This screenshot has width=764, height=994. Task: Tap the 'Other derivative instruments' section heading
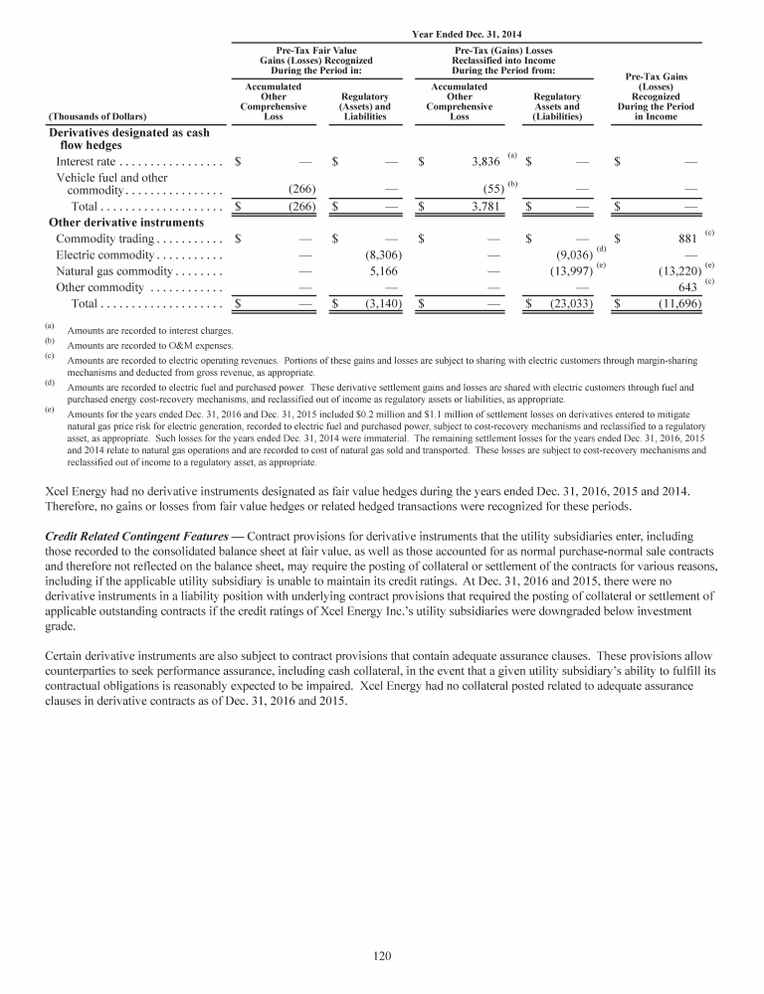(126, 223)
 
